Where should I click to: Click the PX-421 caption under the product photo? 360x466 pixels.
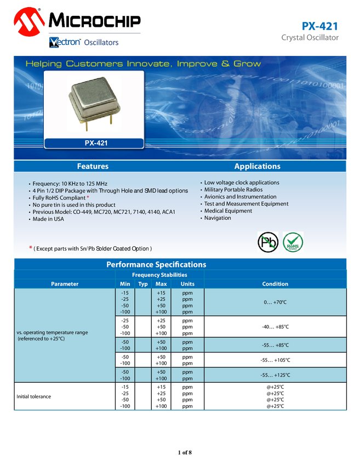(94, 143)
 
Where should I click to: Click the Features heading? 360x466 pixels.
(93, 166)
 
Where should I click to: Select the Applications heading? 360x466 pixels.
(257, 166)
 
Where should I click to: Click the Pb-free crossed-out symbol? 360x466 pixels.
(268, 242)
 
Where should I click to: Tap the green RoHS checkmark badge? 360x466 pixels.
(293, 242)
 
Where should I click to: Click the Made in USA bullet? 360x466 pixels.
(48, 219)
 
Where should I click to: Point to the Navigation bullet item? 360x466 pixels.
(218, 218)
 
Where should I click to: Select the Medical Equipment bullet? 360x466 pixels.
(228, 211)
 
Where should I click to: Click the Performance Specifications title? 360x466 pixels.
(156, 264)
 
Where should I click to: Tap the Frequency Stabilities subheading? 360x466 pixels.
(159, 275)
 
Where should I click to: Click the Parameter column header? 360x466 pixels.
(65, 283)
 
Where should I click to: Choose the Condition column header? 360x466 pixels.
(275, 283)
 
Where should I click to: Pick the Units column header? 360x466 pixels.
(187, 283)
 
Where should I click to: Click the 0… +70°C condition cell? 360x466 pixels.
(275, 302)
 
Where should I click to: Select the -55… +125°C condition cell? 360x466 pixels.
(275, 375)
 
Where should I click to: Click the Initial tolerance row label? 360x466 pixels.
(34, 396)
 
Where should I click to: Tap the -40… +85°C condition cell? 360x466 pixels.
(275, 327)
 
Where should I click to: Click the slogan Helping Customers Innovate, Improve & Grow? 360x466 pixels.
(143, 64)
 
